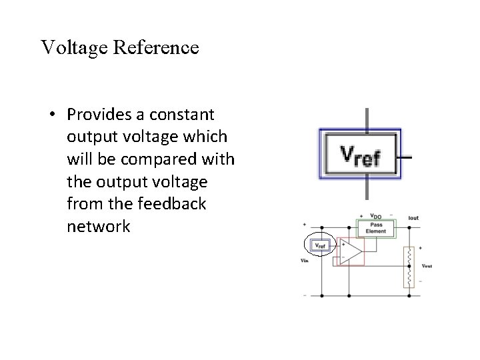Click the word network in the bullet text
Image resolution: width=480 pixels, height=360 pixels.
99,227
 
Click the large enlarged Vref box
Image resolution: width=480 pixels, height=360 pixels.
360,155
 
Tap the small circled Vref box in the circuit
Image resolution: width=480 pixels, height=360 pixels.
319,246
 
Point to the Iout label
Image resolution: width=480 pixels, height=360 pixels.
413,217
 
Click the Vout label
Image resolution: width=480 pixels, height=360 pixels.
427,265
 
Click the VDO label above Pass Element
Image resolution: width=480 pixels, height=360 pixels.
376,217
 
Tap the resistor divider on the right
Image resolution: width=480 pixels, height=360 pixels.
408,267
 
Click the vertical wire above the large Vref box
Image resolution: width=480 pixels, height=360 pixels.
367,118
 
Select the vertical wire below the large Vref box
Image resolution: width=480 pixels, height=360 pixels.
367,190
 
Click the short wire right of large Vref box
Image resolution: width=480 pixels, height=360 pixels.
405,157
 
